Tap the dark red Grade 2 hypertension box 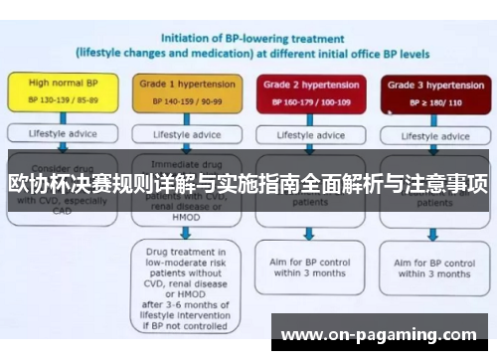(x=310, y=92)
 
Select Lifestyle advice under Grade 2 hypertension (x=309, y=133)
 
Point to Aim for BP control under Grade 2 (x=309, y=267)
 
